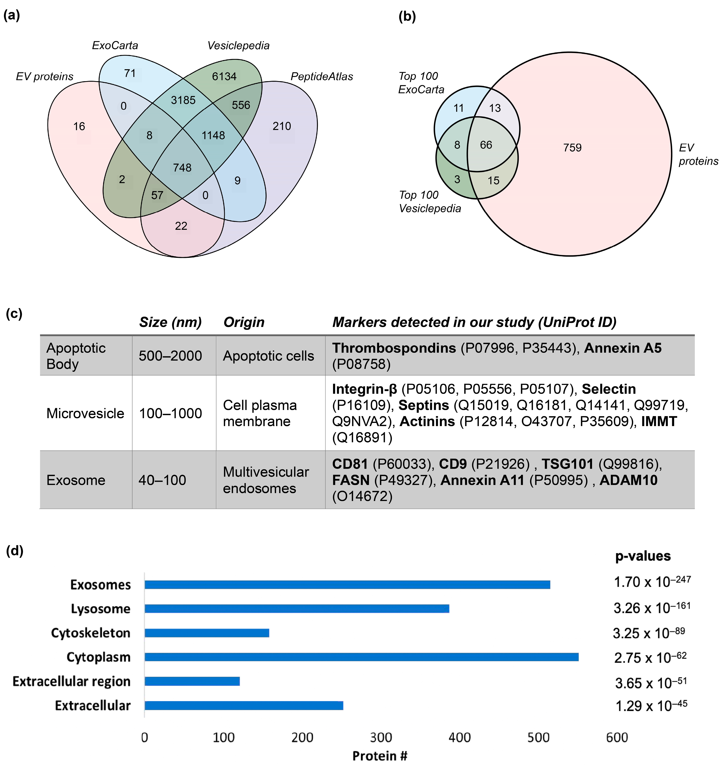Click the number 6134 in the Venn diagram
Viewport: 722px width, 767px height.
224,76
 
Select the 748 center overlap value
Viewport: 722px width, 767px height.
182,167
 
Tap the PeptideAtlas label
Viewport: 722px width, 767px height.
322,76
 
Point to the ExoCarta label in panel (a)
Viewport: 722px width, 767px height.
115,46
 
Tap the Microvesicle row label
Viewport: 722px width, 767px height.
85,413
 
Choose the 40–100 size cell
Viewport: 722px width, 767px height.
162,480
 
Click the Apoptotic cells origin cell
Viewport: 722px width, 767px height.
268,356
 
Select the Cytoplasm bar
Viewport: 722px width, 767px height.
361,657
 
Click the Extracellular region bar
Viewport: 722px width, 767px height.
192,681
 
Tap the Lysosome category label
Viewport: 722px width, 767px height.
101,609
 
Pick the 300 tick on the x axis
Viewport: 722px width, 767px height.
381,737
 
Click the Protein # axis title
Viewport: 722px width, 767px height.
380,756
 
